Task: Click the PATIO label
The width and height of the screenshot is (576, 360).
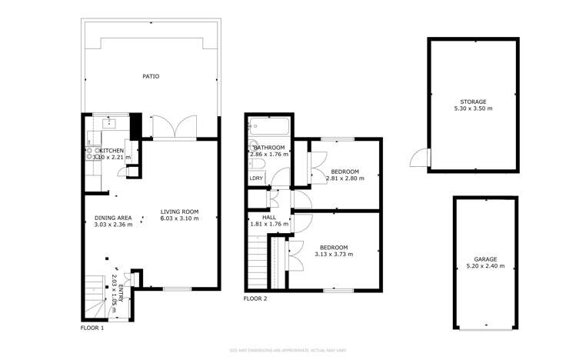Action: pos(151,76)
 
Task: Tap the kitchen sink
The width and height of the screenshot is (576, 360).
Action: pos(109,122)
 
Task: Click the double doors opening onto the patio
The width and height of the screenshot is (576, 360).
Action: pos(175,128)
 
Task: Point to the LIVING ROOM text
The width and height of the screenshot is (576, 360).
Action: pos(179,212)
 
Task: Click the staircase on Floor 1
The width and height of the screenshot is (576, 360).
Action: pos(96,296)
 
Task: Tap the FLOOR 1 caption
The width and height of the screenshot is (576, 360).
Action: pos(92,328)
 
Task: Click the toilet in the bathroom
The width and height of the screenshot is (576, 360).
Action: pos(253,148)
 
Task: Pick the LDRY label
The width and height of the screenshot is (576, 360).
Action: pos(256,178)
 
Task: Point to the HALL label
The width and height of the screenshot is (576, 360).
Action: pos(269,217)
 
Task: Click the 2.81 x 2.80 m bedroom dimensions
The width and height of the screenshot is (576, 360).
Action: pos(345,178)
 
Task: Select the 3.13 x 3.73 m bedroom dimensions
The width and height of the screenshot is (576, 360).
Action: pos(334,254)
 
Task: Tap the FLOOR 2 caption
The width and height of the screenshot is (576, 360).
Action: pos(255,298)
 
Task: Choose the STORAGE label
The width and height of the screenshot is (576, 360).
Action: pos(473,102)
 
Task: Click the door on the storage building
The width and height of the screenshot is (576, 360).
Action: pos(418,157)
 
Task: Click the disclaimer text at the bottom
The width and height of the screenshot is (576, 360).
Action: pos(288,350)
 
